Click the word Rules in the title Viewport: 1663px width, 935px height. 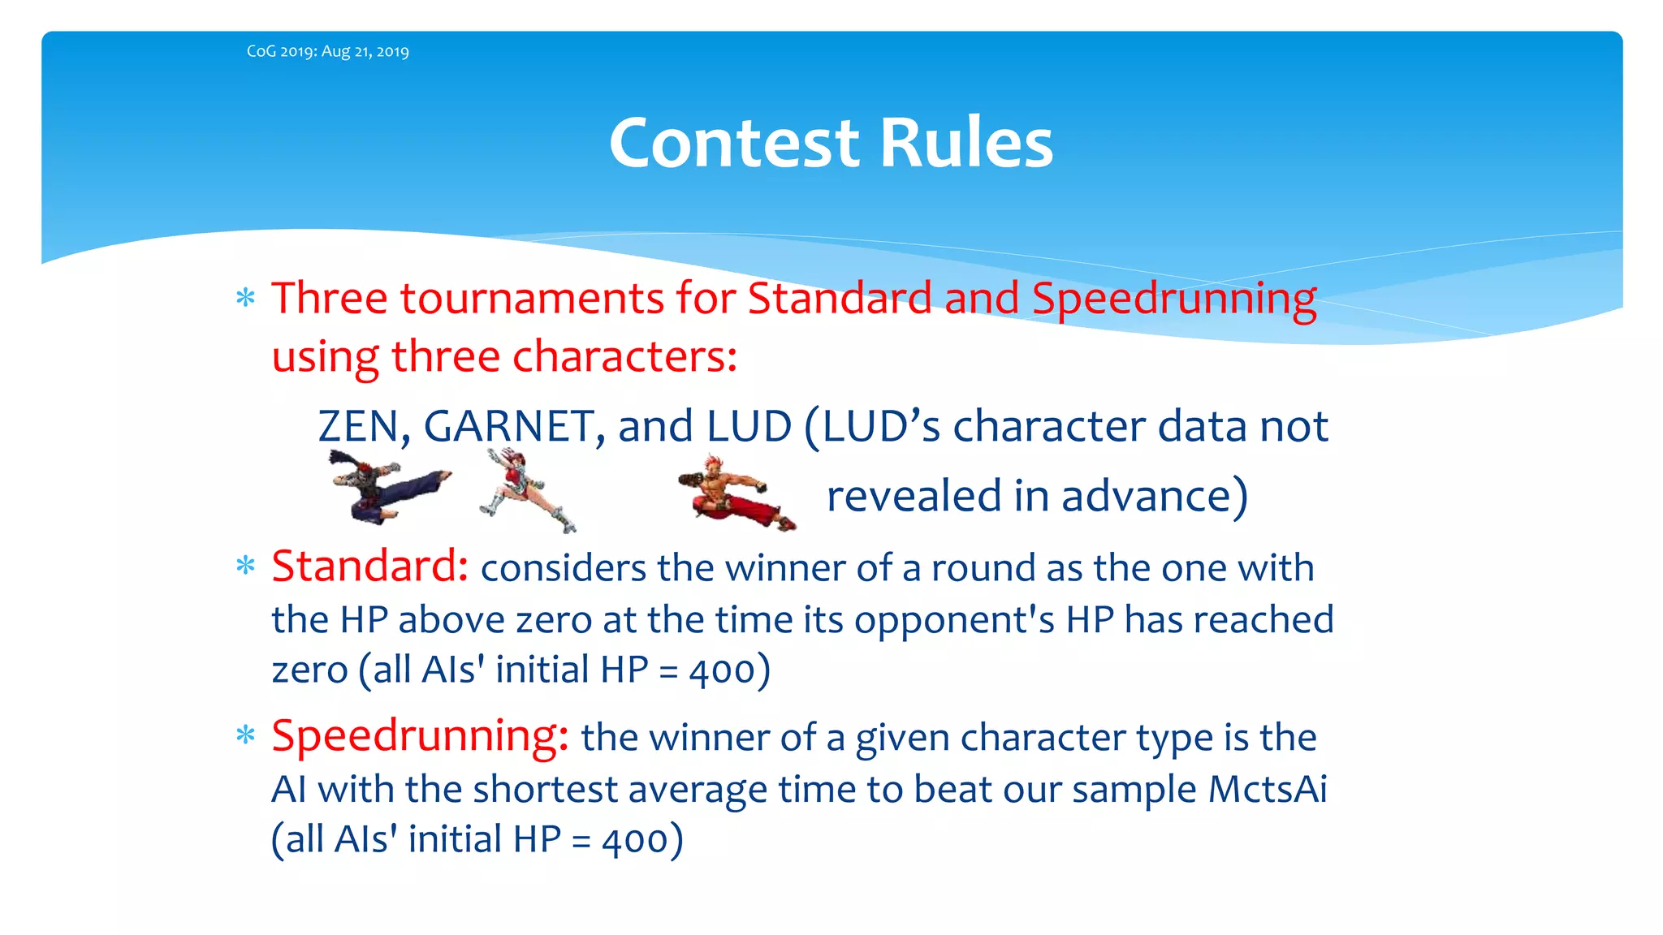(x=966, y=143)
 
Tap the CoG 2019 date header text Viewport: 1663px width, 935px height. (x=327, y=51)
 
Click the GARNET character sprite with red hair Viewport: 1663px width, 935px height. (x=527, y=490)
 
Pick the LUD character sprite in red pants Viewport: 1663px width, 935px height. (x=736, y=493)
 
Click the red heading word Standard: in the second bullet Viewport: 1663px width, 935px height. (x=369, y=566)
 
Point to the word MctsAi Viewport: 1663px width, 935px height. (x=1268, y=789)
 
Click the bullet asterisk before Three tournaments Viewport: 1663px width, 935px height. (x=245, y=298)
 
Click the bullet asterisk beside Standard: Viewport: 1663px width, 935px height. (x=245, y=566)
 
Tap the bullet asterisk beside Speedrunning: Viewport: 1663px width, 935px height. (x=245, y=736)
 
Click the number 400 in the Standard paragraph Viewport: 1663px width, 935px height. (x=722, y=671)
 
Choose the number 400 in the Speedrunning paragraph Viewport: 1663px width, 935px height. (x=635, y=840)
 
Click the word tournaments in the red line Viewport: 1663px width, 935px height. (x=532, y=298)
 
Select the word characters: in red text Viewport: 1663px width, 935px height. (x=624, y=356)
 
